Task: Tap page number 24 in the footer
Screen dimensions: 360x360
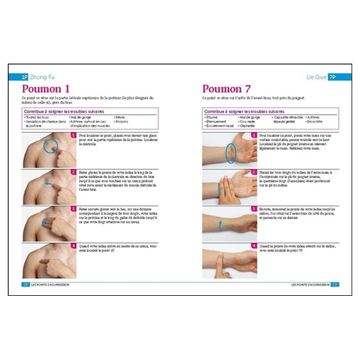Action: pos(25,284)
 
